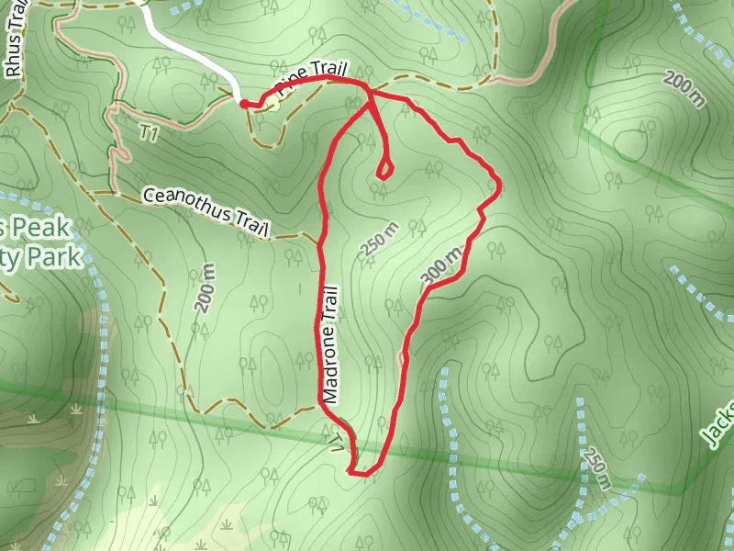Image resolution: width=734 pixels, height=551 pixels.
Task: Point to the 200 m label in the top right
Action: coord(684,90)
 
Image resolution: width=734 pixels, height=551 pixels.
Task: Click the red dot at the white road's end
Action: coord(244,104)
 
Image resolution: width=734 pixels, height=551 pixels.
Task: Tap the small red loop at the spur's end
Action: coord(384,169)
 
